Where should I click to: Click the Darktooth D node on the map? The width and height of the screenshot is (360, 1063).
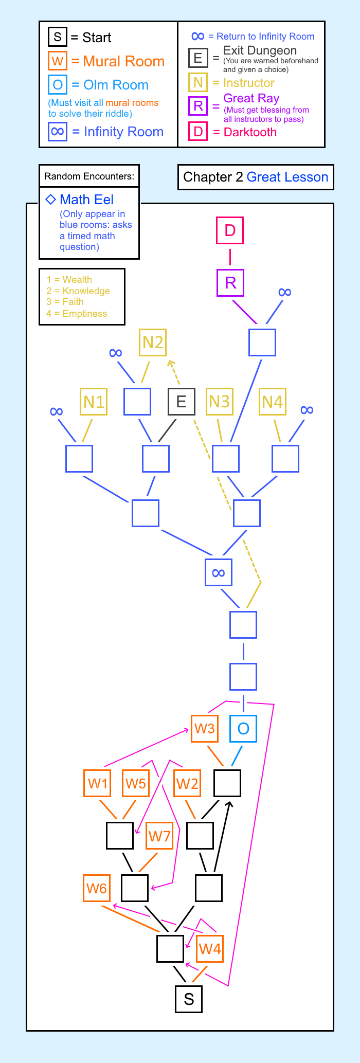230,230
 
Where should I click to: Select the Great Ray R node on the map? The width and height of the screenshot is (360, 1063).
230,283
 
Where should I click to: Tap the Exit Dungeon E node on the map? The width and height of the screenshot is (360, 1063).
182,401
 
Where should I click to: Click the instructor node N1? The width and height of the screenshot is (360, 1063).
94,401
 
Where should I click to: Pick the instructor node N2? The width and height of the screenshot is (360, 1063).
153,342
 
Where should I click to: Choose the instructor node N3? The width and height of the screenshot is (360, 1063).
220,401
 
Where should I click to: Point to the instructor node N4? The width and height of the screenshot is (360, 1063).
272,401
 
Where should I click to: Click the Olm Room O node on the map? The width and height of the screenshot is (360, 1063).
243,728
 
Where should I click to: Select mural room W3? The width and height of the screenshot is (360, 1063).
204,728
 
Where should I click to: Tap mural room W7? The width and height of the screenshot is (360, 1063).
159,836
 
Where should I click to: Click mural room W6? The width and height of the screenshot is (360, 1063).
97,888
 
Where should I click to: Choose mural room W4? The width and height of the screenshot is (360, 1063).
210,948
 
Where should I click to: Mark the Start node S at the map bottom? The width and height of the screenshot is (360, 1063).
189,999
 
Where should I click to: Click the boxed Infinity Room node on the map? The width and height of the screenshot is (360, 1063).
219,572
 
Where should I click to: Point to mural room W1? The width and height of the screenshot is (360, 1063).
97,783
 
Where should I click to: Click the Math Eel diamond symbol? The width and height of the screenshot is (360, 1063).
50,200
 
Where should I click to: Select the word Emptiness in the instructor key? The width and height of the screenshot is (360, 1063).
85,314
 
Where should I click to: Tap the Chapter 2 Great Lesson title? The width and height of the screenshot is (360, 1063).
256,177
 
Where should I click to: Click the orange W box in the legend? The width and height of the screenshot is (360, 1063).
58,61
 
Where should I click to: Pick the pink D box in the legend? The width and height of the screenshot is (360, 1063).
198,132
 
